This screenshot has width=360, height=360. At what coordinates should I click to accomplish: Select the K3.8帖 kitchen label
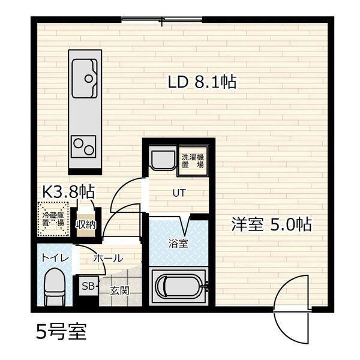pos(67,192)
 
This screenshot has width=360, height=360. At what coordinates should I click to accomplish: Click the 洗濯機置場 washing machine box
pos(193,160)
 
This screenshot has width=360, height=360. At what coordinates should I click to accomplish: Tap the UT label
pos(179,194)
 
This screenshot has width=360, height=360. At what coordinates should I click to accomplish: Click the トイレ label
pos(55,259)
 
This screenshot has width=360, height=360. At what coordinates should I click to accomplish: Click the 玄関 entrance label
pos(119,290)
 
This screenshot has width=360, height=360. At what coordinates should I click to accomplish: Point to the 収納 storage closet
pos(85,224)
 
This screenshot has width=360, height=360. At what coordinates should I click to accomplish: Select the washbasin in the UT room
pos(161,159)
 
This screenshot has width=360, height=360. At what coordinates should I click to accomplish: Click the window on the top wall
pos(161,22)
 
